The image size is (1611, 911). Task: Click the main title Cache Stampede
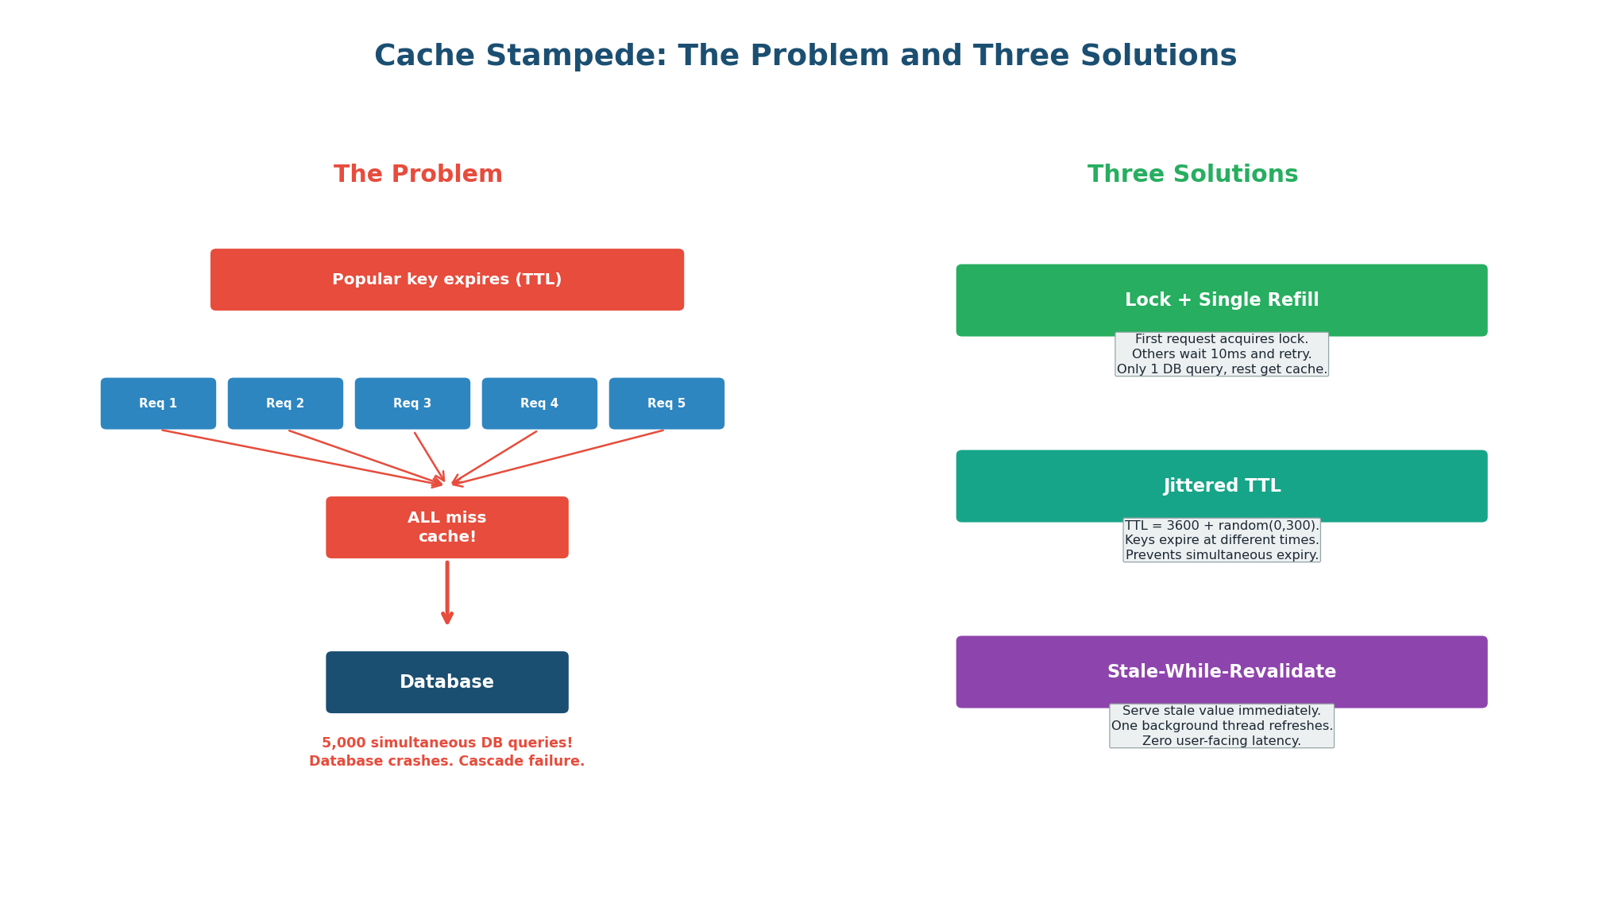tap(805, 56)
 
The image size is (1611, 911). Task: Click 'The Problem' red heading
tap(418, 175)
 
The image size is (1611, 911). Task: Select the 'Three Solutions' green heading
tap(1192, 175)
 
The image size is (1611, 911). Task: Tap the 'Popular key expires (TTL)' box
tap(446, 280)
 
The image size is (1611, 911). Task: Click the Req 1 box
tap(158, 403)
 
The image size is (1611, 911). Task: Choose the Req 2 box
tap(285, 403)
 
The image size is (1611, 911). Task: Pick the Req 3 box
tap(412, 403)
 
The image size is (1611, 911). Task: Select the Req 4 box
tap(539, 403)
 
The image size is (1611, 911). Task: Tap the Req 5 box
tap(666, 403)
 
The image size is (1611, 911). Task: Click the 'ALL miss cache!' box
tap(446, 527)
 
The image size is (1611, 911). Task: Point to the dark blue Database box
tap(446, 682)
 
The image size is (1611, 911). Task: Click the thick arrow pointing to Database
tap(447, 592)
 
